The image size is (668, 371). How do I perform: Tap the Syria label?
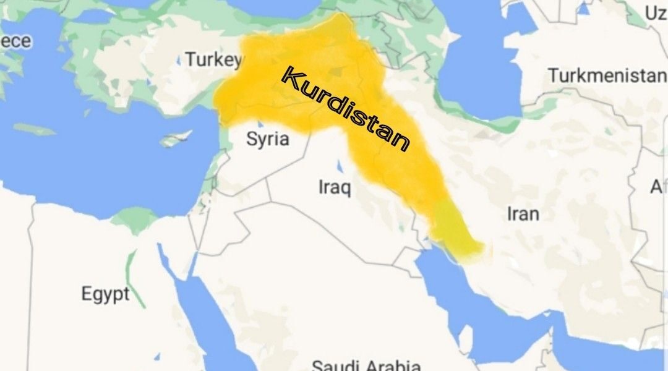[x=267, y=139]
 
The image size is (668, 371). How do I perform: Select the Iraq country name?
[x=334, y=187]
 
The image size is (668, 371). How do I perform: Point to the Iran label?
[x=523, y=214]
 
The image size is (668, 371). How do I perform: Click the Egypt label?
[x=106, y=294]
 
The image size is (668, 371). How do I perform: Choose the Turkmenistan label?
[x=606, y=77]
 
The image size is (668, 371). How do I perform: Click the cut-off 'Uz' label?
[x=655, y=13]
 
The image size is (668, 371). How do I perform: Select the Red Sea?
[x=204, y=322]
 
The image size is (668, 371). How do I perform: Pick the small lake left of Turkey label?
[x=179, y=61]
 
